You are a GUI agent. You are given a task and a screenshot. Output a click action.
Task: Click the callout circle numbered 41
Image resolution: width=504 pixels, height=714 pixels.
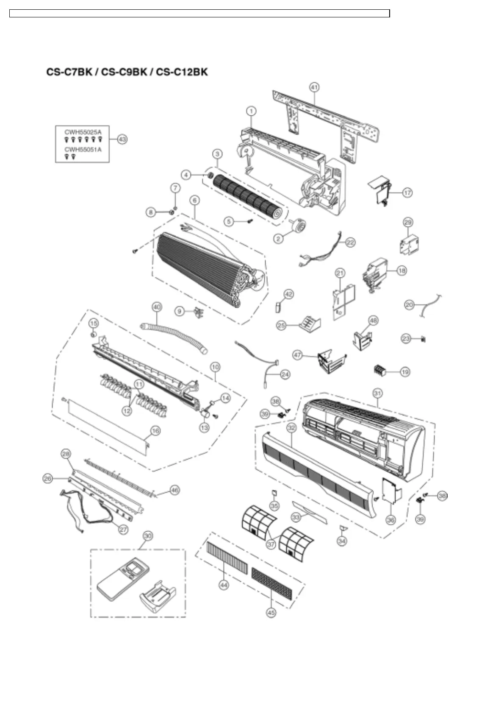[x=314, y=87]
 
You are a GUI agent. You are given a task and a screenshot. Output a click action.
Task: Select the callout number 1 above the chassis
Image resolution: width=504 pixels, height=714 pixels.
[x=251, y=111]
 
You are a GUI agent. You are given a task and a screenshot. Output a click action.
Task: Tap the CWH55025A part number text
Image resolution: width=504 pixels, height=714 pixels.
[x=83, y=132]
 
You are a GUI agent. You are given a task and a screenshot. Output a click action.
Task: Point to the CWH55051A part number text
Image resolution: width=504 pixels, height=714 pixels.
[x=83, y=149]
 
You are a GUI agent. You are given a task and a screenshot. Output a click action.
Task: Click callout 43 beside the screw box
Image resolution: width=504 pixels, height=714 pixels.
[x=122, y=139]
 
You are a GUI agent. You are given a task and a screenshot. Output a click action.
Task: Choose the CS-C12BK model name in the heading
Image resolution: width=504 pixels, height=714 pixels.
[x=182, y=72]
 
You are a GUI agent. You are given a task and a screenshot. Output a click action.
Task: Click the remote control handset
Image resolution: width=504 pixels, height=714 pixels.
[x=120, y=577]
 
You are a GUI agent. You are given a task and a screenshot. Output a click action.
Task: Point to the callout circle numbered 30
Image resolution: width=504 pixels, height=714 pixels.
[x=147, y=536]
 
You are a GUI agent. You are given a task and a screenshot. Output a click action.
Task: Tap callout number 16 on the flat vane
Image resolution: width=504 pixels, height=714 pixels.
[x=155, y=431]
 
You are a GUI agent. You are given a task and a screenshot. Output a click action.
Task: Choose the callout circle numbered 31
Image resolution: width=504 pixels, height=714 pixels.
[x=377, y=393]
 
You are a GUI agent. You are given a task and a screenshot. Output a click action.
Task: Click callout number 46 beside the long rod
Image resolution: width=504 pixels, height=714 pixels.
[x=174, y=490]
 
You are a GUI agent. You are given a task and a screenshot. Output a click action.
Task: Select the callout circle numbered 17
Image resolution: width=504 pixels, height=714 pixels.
[x=407, y=192]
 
